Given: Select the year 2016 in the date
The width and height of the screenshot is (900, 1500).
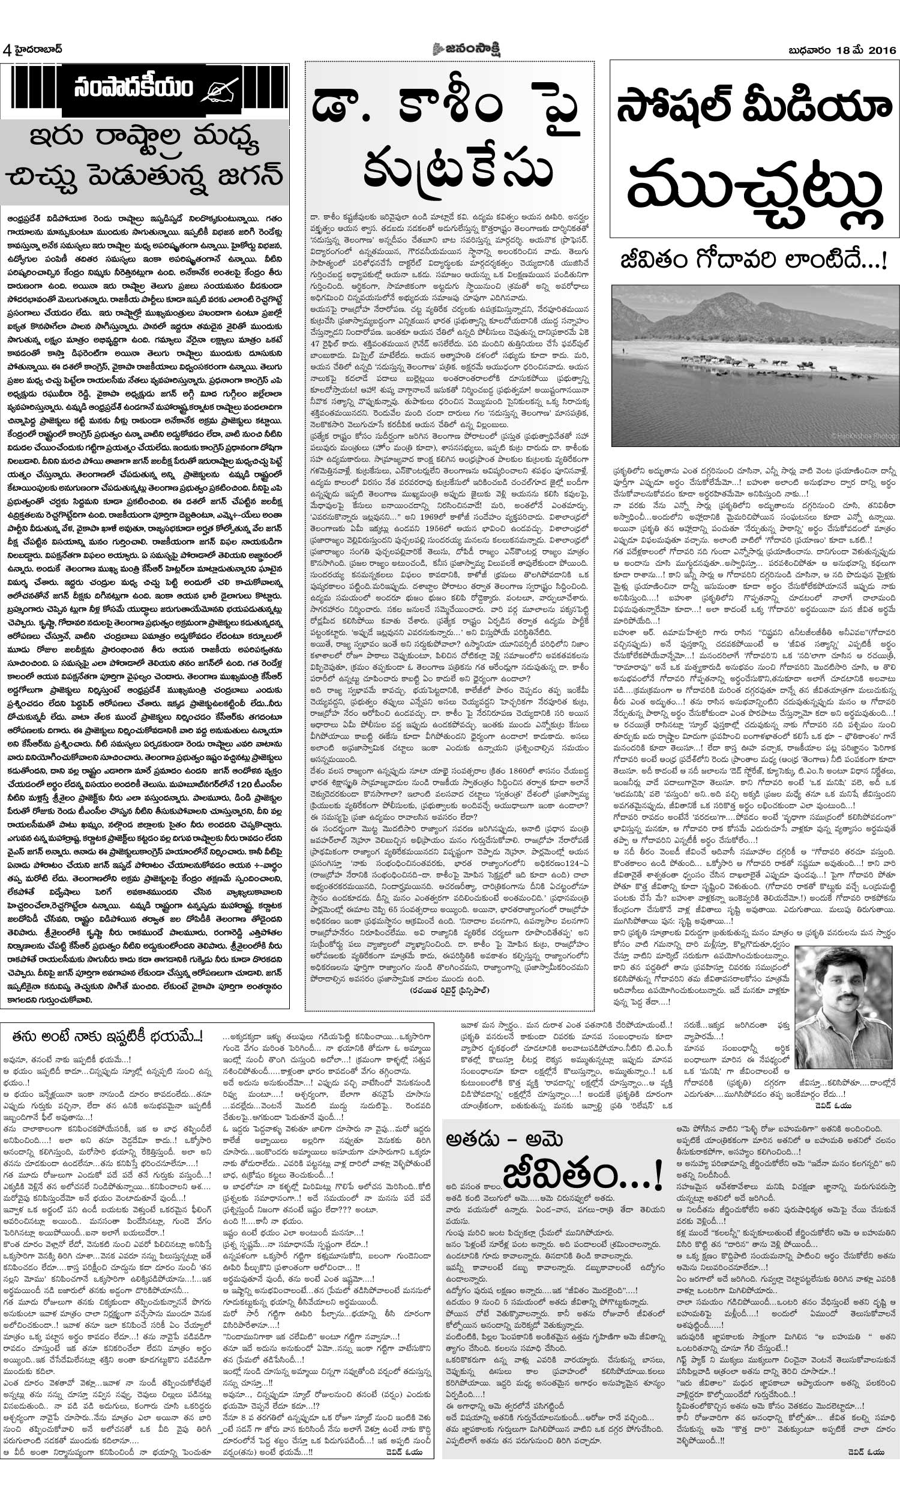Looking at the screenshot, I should pos(881,50).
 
